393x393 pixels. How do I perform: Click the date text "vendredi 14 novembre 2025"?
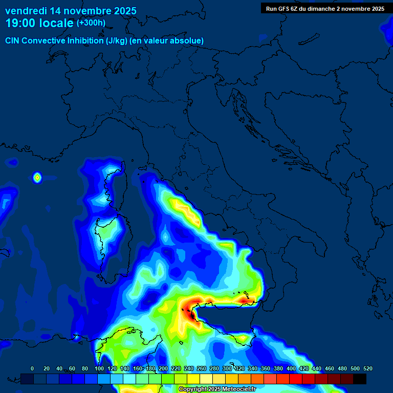71,11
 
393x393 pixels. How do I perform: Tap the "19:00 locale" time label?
39,23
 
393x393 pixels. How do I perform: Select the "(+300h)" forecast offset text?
91,23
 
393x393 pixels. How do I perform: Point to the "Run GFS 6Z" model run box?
325,9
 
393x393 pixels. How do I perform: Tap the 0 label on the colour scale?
32,368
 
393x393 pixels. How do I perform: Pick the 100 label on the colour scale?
99,368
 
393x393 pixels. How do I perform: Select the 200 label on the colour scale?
163,368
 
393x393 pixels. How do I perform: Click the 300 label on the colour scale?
227,368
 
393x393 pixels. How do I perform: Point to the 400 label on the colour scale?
291,368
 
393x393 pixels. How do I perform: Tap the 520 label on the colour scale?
367,368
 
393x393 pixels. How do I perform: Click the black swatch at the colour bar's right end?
360,379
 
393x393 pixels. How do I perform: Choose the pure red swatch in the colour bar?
296,379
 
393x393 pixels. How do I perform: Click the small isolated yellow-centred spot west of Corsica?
37,178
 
